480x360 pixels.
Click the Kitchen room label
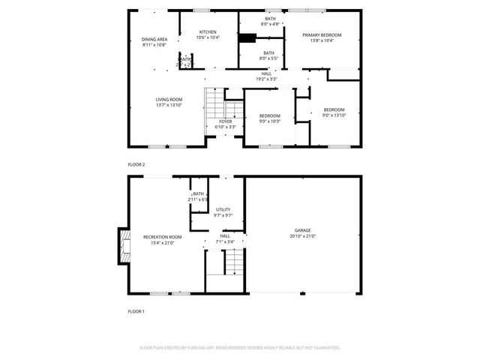[208, 32]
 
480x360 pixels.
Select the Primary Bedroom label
[322, 35]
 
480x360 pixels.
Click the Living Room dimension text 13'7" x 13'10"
[169, 105]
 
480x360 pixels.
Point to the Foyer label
[225, 121]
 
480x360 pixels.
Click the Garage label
[302, 230]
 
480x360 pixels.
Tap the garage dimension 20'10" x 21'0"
[302, 236]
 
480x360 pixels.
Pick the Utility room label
[223, 209]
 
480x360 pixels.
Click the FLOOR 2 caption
[136, 163]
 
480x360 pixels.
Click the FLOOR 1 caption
[136, 310]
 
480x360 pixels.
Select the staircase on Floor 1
[235, 262]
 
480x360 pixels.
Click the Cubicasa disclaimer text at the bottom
[240, 348]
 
